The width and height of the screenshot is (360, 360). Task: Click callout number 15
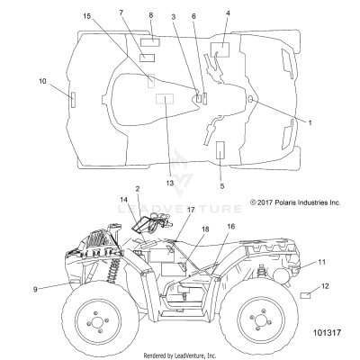[x=86, y=16]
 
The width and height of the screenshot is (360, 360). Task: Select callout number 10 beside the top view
[x=42, y=81]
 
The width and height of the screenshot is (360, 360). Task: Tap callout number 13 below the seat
[x=170, y=183]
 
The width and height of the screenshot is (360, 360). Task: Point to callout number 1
[x=310, y=122]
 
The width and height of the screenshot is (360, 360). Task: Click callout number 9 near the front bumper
[x=35, y=290]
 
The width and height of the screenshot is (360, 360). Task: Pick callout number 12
[x=325, y=286]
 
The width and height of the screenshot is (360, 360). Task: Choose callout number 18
[x=205, y=229]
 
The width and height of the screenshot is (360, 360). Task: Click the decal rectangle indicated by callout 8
[x=150, y=42]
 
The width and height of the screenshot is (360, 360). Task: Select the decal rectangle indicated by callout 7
[x=148, y=58]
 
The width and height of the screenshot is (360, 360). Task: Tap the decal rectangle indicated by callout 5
[x=220, y=150]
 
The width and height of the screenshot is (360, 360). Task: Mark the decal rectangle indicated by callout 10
[x=73, y=100]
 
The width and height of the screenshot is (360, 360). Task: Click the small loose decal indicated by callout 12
[x=305, y=295]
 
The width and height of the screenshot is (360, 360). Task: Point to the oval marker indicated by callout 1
[x=251, y=99]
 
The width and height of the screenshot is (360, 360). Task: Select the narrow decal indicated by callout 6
[x=205, y=98]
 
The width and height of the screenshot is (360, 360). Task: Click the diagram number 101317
[x=327, y=333]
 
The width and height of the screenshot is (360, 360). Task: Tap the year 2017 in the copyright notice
[x=265, y=202]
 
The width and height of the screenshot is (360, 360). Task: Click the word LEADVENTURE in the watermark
[x=179, y=209]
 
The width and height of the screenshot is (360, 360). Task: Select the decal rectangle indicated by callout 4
[x=220, y=49]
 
